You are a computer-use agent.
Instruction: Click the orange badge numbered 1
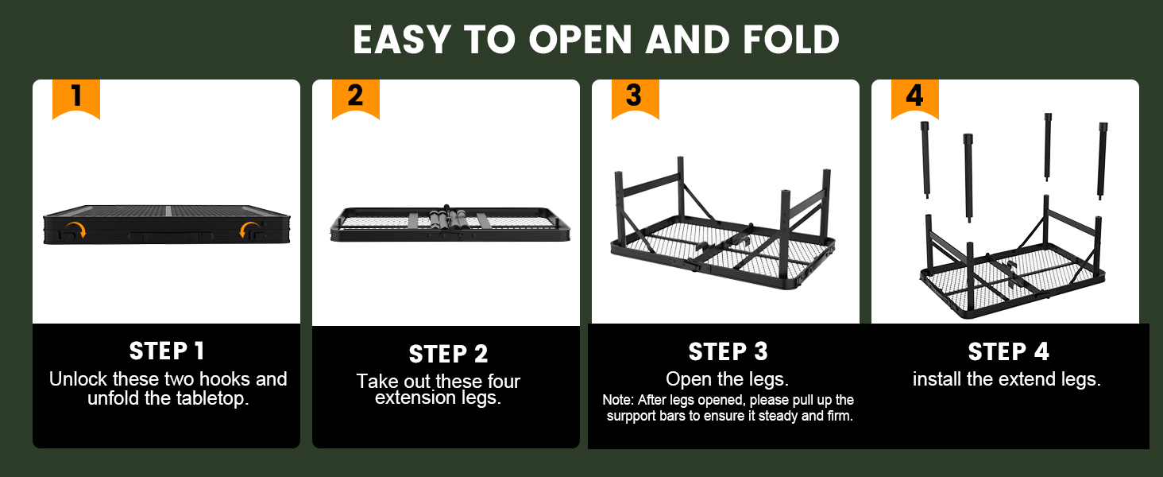pyautogui.click(x=75, y=99)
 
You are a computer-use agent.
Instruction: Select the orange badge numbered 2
pyautogui.click(x=356, y=99)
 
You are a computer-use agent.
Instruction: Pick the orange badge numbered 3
pyautogui.click(x=635, y=99)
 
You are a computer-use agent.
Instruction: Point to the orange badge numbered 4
pyautogui.click(x=915, y=99)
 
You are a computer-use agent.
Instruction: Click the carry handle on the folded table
pyautogui.click(x=171, y=236)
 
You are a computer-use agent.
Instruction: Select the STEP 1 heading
pyautogui.click(x=167, y=351)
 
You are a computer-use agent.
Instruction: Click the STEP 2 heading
pyautogui.click(x=448, y=355)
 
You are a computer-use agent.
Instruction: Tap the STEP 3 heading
pyautogui.click(x=728, y=351)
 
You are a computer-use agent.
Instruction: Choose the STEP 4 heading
pyautogui.click(x=1008, y=351)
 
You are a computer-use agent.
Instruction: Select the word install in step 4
pyautogui.click(x=937, y=378)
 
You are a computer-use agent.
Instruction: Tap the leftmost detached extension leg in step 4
pyautogui.click(x=925, y=160)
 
